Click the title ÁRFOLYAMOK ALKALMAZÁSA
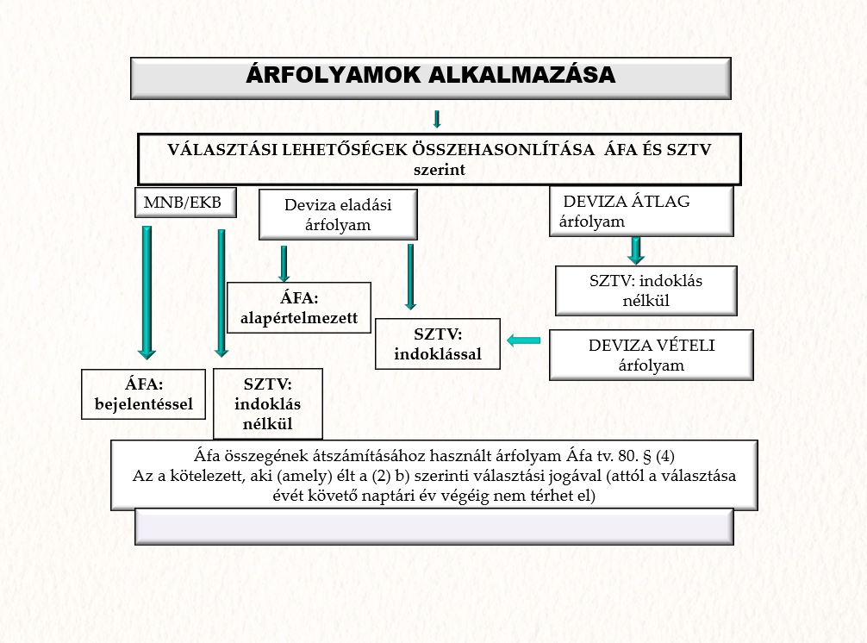(x=430, y=76)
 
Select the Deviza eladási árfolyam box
(x=338, y=215)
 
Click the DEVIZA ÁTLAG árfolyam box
(x=641, y=210)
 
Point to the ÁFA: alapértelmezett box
(x=299, y=308)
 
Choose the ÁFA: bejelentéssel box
(x=144, y=394)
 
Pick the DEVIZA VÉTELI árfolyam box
(x=652, y=354)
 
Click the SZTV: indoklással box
(x=438, y=343)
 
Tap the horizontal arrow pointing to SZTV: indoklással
(x=524, y=340)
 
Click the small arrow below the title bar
(x=437, y=118)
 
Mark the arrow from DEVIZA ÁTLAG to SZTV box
(x=636, y=250)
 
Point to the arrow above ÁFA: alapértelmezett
(x=284, y=263)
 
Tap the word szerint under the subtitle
(x=438, y=170)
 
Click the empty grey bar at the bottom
(x=433, y=527)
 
